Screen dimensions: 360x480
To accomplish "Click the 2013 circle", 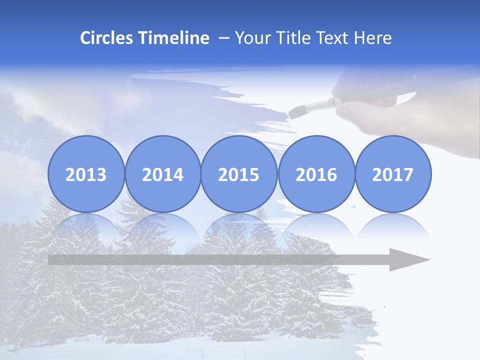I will pos(86,174).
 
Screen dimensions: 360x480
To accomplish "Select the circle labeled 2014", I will pos(162,174).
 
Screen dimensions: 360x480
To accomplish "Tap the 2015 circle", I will pos(239,174).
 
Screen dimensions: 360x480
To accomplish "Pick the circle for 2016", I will pos(316,174).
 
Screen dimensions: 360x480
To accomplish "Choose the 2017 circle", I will pos(392,174).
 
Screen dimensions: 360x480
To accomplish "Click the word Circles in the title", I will pos(107,38).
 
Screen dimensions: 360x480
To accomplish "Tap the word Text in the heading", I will pos(331,38).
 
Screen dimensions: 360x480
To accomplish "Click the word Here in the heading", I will pos(372,38).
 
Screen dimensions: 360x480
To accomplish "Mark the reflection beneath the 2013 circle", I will pos(86,225).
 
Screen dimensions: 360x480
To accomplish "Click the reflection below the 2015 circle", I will pos(239,225).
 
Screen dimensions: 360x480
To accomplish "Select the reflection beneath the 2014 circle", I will pos(162,225).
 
